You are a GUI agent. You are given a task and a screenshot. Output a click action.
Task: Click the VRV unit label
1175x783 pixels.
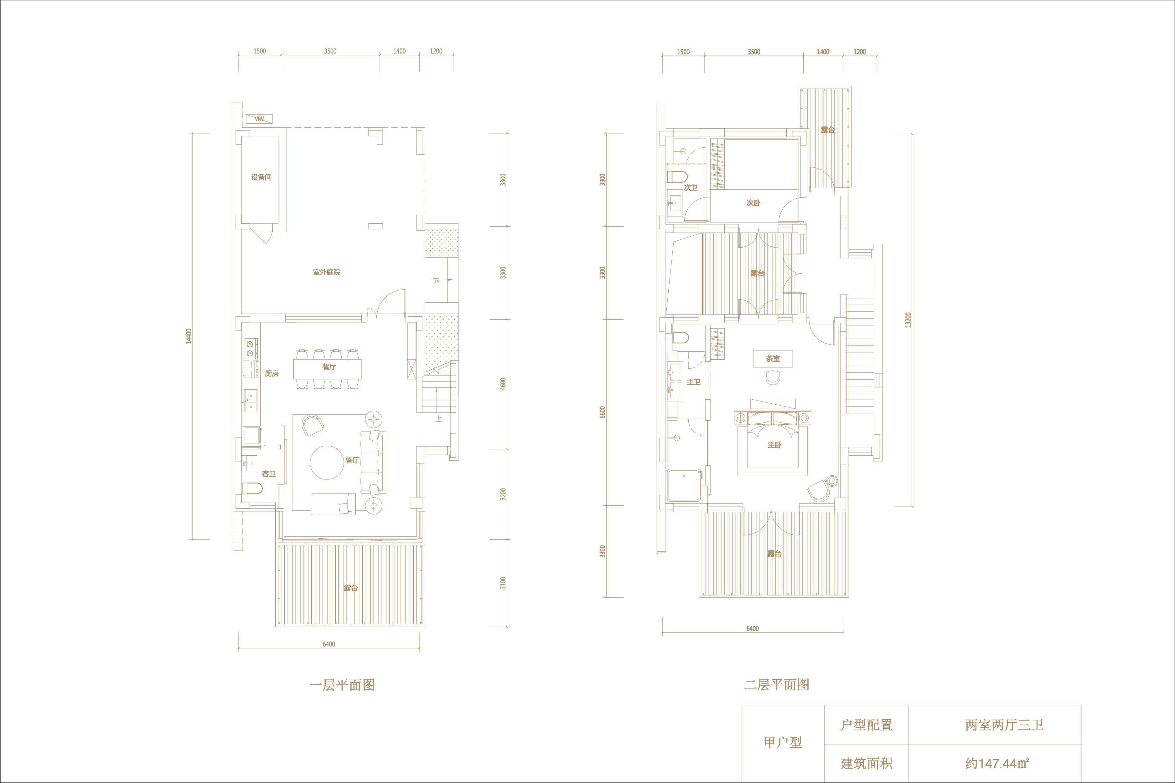[x=259, y=119]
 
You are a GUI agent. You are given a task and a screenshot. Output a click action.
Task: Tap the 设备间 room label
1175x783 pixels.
[x=261, y=177]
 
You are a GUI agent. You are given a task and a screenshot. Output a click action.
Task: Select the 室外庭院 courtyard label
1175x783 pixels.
[x=327, y=272]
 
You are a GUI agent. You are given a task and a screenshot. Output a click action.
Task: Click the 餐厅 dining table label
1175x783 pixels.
[x=329, y=366]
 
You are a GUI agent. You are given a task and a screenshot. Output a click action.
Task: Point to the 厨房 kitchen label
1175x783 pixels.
[x=272, y=374]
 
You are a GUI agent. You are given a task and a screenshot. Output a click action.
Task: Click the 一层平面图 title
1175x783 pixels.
[x=342, y=685]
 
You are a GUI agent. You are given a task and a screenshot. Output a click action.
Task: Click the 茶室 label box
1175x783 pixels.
[x=773, y=359]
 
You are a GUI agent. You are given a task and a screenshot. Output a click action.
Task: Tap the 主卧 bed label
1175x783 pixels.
[x=774, y=445]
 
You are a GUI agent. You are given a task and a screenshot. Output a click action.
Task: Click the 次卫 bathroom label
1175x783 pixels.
[x=691, y=188]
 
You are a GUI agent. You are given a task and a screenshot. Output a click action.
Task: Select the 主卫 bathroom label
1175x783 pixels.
[x=693, y=382]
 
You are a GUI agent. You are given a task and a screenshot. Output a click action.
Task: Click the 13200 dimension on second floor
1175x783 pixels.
[x=908, y=320]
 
